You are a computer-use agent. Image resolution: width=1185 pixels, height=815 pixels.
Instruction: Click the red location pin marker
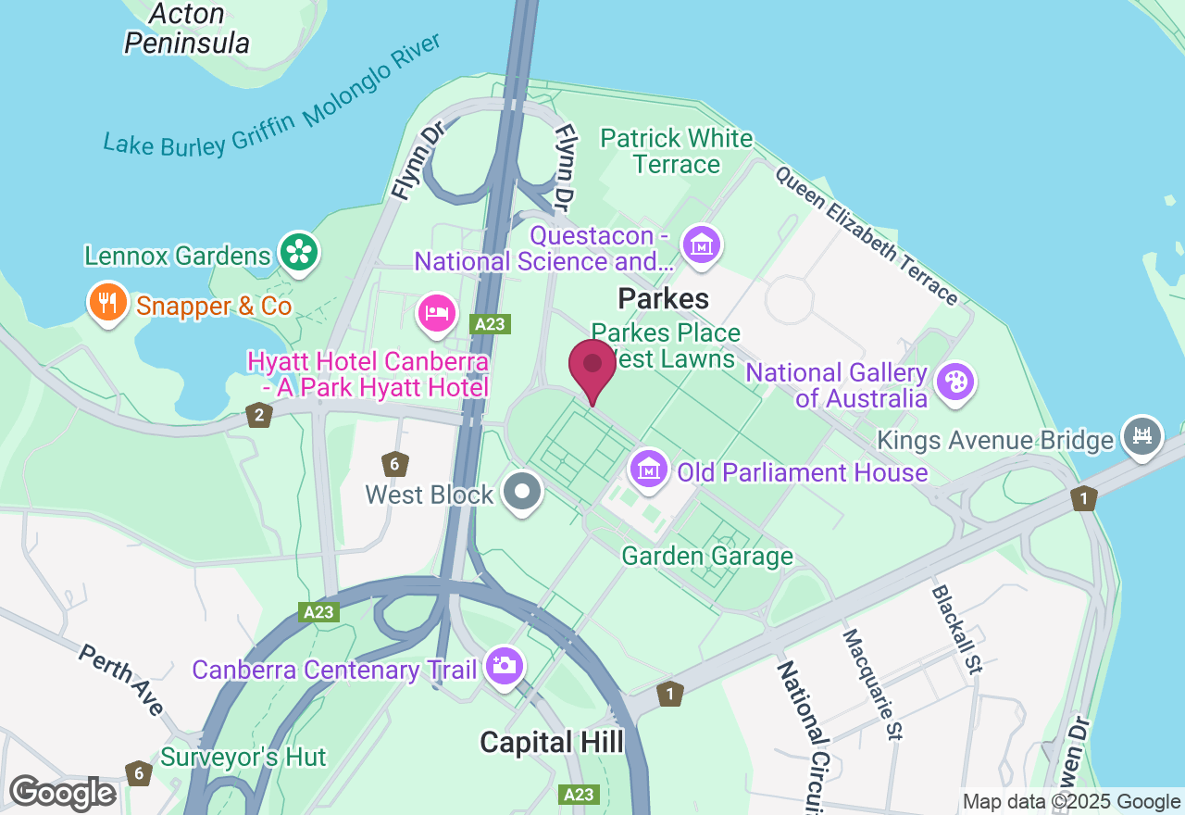592,367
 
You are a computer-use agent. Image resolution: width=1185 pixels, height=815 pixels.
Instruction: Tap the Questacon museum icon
701,245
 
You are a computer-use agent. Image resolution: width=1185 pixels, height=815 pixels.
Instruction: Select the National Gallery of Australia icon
954,381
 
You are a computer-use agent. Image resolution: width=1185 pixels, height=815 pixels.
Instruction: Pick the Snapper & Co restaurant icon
108,302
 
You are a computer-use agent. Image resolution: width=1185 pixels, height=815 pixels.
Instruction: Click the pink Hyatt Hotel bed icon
436,313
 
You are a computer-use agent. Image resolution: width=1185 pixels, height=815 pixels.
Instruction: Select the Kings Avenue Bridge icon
1142,435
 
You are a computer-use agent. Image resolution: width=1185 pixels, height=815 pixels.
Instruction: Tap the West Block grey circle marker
523,491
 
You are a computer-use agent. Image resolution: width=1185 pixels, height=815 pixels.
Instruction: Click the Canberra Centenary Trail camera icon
504,665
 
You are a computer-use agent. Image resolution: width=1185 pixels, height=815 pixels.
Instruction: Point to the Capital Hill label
552,742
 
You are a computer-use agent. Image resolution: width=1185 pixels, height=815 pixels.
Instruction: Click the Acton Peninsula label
187,29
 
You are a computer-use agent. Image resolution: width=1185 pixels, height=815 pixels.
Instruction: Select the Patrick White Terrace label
677,151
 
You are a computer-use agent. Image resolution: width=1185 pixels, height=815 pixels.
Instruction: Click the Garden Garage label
707,556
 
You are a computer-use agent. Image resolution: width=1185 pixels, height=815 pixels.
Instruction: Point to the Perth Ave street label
121,680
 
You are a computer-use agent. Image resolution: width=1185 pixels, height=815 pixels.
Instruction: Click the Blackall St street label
956,629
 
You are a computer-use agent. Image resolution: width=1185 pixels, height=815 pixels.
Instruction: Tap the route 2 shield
258,415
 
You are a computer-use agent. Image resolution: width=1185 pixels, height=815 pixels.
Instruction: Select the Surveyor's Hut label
243,757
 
